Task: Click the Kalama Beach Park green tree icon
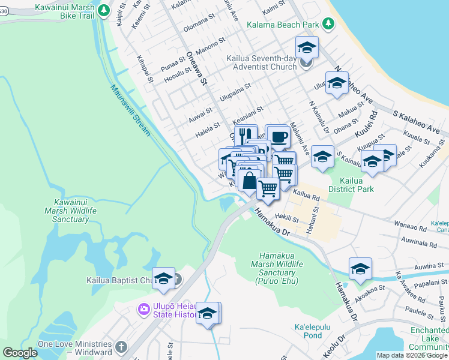pos(328,24)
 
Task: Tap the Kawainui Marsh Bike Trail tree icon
pos(104,11)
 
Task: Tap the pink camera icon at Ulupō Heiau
pos(143,309)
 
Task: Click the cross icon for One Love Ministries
pos(121,347)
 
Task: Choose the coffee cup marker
pos(277,136)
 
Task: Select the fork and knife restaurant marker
pos(245,136)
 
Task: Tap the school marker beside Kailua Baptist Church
pos(163,278)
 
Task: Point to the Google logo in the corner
pos(20,353)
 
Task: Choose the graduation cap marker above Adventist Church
pos(307,46)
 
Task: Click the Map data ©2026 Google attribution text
pos(412,355)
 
